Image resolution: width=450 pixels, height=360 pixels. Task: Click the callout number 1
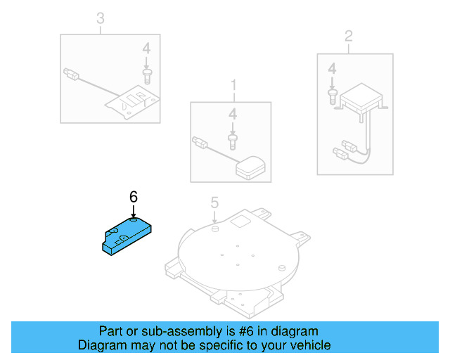[x=233, y=86]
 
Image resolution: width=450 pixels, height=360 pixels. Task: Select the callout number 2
[x=347, y=36]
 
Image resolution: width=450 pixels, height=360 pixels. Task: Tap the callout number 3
[x=100, y=18]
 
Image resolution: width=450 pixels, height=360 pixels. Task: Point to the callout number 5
[x=215, y=204]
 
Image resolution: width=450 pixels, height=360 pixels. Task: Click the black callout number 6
[x=133, y=197]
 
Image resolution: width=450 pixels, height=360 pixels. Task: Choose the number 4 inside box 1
[x=232, y=113]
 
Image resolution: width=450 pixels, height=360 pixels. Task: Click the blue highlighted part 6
[x=127, y=233]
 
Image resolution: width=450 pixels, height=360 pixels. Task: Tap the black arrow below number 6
[x=133, y=212]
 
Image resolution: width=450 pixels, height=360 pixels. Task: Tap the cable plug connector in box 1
[x=199, y=142]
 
